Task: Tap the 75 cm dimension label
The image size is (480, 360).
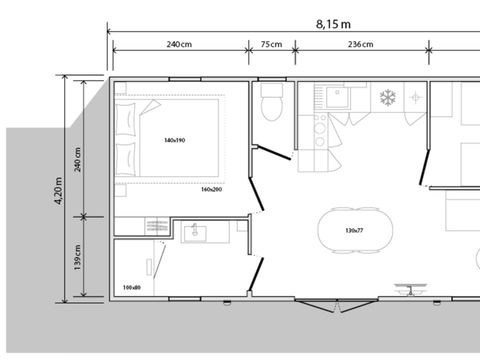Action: (270, 45)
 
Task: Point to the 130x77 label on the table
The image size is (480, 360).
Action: (353, 231)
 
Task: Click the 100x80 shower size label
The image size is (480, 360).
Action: (131, 287)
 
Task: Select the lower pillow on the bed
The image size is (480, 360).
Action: (126, 157)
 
